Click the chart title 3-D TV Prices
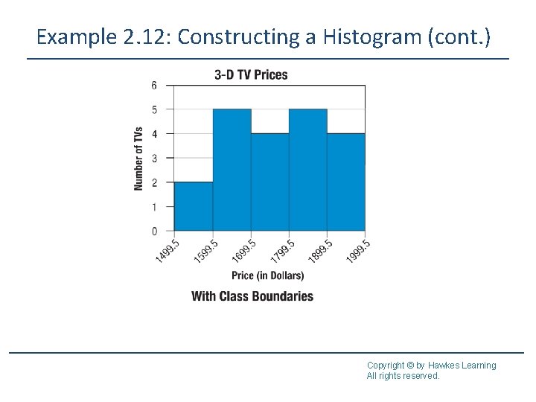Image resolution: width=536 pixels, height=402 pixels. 251,74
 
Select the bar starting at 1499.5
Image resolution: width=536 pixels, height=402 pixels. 194,206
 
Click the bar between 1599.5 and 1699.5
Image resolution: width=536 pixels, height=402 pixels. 232,170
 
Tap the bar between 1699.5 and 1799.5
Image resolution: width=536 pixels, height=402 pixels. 269,182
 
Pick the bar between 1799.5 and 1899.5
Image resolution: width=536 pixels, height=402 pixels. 307,170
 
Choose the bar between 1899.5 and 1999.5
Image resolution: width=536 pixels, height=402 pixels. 346,182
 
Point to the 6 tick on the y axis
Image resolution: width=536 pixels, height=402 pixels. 154,86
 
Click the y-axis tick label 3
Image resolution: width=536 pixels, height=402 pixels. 154,158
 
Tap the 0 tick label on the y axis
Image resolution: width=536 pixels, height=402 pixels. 154,231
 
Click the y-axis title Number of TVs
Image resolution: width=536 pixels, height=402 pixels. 138,159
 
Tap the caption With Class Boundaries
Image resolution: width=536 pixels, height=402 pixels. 252,296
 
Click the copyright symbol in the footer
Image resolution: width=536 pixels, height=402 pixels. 411,366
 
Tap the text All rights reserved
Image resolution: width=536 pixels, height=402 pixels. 403,376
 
